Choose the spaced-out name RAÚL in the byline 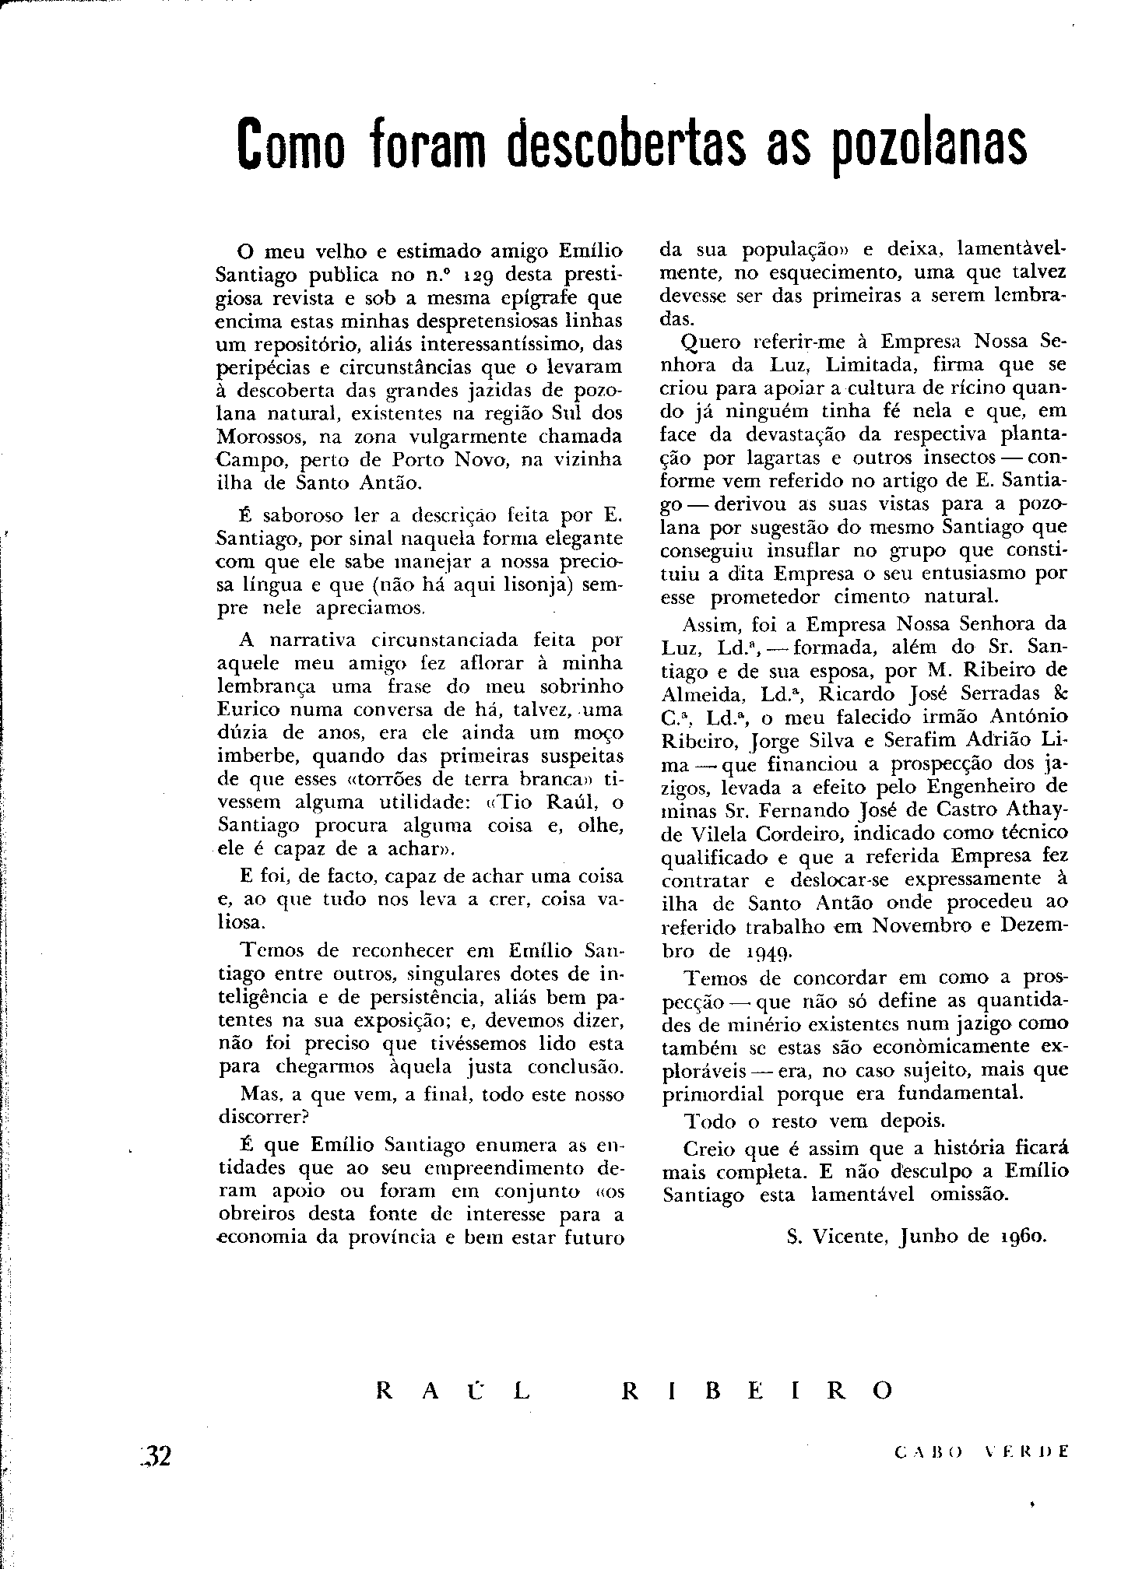452,1391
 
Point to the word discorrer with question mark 265,1117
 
